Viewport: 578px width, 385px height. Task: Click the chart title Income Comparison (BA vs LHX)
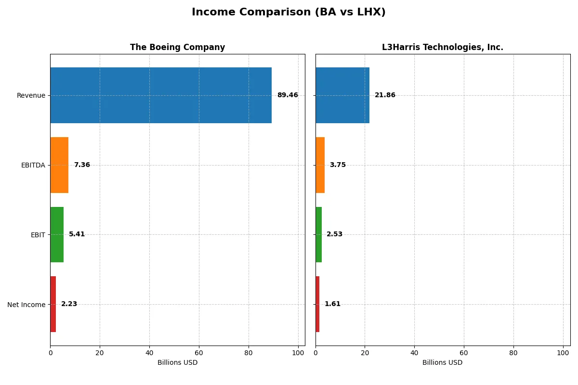289,12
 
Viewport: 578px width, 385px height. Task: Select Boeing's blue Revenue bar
161,95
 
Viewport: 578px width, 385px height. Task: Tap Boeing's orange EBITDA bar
59,165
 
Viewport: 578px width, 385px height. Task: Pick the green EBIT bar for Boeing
57,234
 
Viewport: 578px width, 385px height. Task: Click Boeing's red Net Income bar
53,304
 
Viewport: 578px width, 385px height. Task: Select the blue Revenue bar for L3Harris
342,95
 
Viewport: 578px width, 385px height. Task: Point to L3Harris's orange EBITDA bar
320,165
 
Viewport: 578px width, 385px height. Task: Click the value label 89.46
288,95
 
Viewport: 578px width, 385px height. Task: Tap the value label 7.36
82,165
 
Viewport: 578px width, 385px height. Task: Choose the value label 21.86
385,95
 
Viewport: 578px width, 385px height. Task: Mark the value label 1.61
332,304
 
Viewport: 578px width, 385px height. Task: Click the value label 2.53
334,234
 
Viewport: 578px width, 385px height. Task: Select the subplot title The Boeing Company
177,48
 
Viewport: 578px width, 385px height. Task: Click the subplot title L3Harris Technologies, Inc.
442,48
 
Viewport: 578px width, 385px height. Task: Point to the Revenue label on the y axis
31,95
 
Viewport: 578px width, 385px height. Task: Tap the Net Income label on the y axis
26,305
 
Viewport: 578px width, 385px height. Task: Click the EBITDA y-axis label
33,165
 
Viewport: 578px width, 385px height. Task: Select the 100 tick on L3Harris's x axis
563,353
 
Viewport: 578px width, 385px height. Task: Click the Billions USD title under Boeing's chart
177,363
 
